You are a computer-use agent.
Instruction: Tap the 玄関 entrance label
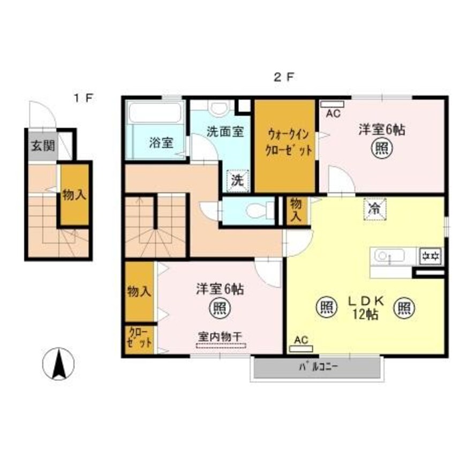(40, 145)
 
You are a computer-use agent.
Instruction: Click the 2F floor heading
(284, 77)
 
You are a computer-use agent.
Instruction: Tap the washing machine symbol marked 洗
(237, 180)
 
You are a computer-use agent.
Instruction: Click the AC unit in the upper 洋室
(333, 104)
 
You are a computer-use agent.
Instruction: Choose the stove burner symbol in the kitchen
(429, 256)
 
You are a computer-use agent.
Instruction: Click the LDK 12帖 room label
(365, 307)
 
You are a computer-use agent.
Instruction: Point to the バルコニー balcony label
(318, 368)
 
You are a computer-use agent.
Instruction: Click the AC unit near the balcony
(301, 349)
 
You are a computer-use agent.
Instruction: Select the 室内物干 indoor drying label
(220, 336)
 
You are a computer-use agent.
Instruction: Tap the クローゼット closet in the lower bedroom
(139, 339)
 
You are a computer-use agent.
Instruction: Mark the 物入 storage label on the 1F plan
(74, 195)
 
